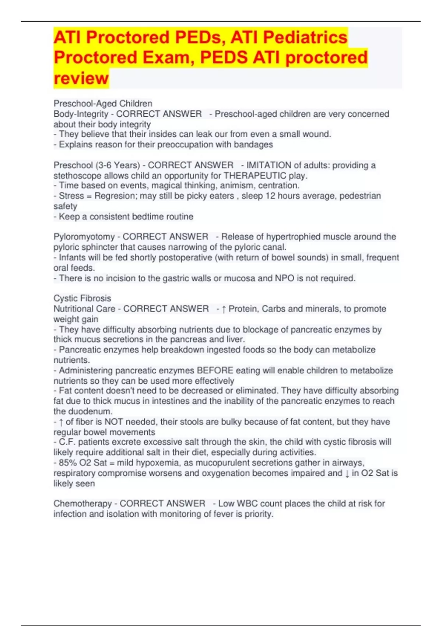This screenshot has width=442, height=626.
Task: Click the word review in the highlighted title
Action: point(81,78)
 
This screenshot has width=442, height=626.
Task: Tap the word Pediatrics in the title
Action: point(305,37)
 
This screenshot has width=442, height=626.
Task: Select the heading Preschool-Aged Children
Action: point(103,103)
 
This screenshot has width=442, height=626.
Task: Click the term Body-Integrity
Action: point(81,114)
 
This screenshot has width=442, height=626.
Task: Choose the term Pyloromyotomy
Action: point(84,236)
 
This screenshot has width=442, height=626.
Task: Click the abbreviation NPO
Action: point(284,278)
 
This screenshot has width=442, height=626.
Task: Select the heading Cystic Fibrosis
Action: point(82,298)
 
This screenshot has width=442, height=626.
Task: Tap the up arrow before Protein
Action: point(224,309)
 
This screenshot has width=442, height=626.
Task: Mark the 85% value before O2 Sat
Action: point(68,463)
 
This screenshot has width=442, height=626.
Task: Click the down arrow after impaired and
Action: point(347,473)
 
